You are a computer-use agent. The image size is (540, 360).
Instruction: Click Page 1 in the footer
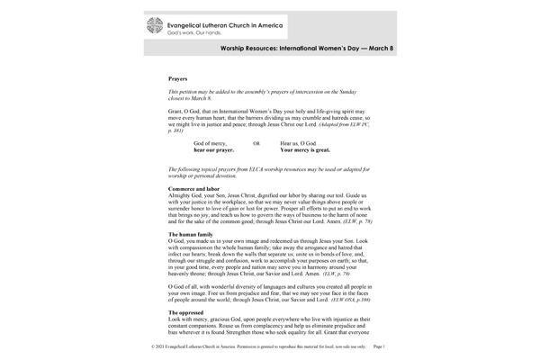tap(378, 346)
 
